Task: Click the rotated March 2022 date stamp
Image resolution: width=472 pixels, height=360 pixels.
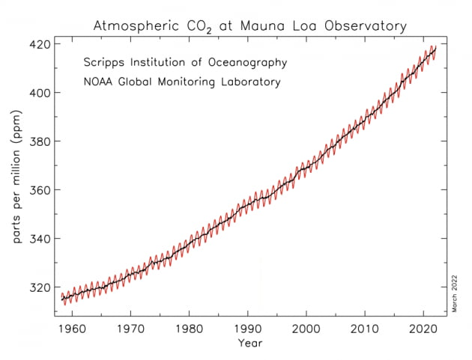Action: coord(455,293)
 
